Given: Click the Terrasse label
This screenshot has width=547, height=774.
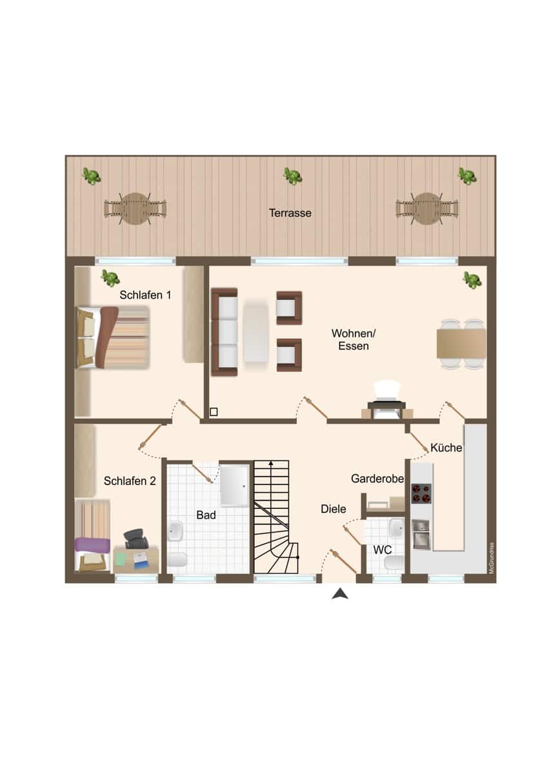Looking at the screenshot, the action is point(290,213).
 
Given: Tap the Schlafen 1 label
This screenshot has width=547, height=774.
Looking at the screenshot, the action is point(145,295).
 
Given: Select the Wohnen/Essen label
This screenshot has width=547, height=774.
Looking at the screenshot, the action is point(353,340).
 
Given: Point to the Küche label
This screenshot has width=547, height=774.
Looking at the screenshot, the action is point(446,448).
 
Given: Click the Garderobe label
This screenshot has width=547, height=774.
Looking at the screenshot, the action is point(377,479).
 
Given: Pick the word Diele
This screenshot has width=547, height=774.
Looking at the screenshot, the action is point(333,509).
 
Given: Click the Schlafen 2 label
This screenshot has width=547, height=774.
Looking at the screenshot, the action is point(130,481).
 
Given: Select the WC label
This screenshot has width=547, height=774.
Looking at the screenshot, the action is point(382,550).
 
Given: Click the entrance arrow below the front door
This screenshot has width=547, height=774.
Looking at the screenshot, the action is point(340,594).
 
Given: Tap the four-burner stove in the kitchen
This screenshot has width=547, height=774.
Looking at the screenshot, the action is point(421,493).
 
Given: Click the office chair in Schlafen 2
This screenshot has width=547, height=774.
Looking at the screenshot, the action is point(136,539).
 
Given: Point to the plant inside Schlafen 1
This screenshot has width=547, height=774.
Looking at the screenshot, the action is point(110,278).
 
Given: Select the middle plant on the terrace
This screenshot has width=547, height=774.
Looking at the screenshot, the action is point(293,176).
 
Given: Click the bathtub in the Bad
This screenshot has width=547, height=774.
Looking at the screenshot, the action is point(234,486).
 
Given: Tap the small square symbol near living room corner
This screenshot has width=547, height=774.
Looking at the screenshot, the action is point(214,412).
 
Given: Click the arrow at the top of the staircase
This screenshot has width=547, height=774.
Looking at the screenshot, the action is point(271,464).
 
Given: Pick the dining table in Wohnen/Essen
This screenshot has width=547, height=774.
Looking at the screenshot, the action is point(461,344).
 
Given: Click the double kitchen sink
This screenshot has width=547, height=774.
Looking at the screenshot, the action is point(421,535).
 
